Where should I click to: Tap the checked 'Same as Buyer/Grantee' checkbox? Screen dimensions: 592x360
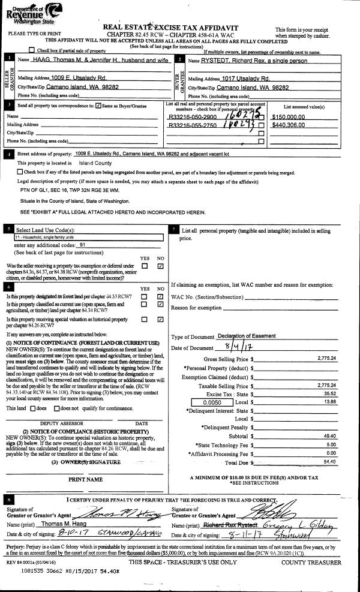click(99, 106)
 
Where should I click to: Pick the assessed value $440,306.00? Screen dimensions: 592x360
click(289, 125)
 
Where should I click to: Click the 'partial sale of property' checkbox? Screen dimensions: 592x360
click(32, 50)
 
